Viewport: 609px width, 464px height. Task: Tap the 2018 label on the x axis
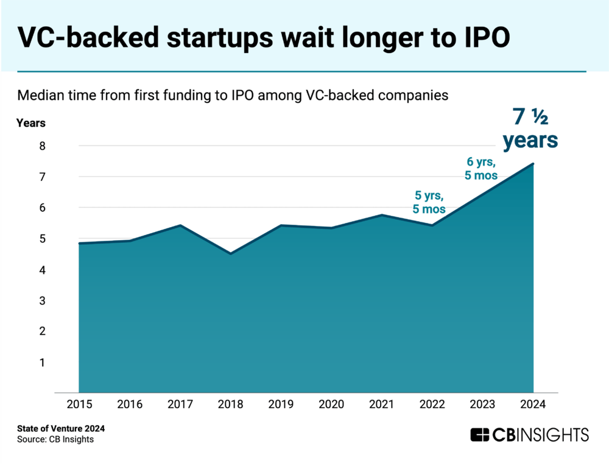click(x=231, y=403)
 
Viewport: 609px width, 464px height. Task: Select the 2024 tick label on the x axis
click(x=534, y=403)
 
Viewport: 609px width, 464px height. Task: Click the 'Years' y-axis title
click(x=31, y=123)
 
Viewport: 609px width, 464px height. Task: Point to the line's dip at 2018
click(x=231, y=253)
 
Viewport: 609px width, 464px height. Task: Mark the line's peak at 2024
click(x=533, y=164)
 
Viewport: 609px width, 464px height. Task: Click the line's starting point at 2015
click(x=79, y=243)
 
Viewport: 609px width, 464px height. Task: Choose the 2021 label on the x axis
click(x=382, y=403)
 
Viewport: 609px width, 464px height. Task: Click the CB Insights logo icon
click(x=481, y=435)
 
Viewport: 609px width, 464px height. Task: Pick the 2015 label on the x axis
click(x=79, y=403)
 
